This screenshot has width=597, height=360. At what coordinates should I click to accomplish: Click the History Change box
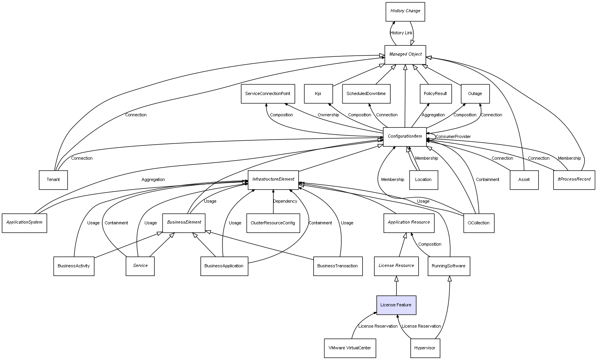pyautogui.click(x=405, y=11)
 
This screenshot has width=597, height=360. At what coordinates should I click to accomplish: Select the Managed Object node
pyautogui.click(x=405, y=54)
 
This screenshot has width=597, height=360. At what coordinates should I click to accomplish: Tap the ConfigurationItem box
pyautogui.click(x=405, y=136)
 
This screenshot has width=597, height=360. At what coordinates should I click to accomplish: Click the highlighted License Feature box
pyautogui.click(x=396, y=305)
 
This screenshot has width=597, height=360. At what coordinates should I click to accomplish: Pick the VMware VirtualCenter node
pyautogui.click(x=350, y=348)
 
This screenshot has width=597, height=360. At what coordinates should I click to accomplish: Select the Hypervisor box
pyautogui.click(x=425, y=348)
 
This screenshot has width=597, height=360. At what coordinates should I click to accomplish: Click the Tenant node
pyautogui.click(x=53, y=180)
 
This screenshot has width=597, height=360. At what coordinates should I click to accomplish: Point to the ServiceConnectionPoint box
pyautogui.click(x=268, y=94)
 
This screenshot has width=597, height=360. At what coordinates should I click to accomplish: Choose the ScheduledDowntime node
pyautogui.click(x=366, y=94)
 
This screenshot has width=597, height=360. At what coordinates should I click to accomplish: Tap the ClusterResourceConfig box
pyautogui.click(x=273, y=223)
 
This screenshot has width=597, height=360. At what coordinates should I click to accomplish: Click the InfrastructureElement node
pyautogui.click(x=273, y=180)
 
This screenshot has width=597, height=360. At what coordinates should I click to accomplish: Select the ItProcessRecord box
pyautogui.click(x=574, y=180)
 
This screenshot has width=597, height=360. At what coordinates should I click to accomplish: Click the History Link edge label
pyautogui.click(x=401, y=33)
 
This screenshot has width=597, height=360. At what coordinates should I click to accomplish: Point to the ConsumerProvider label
pyautogui.click(x=453, y=137)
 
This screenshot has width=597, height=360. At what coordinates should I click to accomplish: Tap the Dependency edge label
pyautogui.click(x=285, y=201)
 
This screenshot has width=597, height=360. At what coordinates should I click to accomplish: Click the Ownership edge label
pyautogui.click(x=328, y=115)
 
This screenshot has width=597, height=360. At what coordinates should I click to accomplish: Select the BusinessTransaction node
pyautogui.click(x=337, y=266)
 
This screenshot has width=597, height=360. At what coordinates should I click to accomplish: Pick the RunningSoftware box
pyautogui.click(x=449, y=266)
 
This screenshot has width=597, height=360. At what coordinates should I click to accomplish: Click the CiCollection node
pyautogui.click(x=478, y=223)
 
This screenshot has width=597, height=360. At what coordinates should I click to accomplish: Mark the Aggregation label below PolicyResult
pyautogui.click(x=433, y=115)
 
